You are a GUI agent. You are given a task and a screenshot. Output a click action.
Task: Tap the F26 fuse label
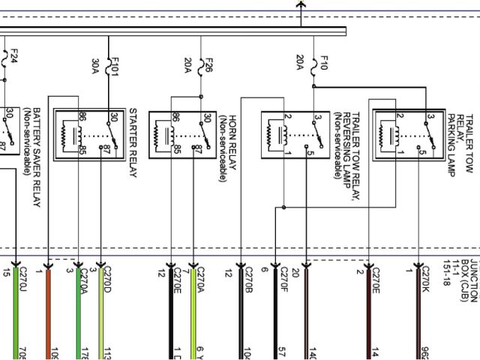[209, 64]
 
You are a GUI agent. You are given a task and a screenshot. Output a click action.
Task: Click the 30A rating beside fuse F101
[96, 65]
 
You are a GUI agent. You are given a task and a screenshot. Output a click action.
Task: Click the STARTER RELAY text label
[133, 142]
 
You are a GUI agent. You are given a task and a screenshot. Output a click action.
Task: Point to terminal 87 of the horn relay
[197, 148]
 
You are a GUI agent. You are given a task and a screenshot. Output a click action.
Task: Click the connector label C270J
[22, 280]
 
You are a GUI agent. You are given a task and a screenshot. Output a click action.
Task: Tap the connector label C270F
[284, 280]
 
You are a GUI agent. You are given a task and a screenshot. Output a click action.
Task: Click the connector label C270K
[425, 280]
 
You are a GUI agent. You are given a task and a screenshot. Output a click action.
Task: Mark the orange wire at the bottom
[49, 315]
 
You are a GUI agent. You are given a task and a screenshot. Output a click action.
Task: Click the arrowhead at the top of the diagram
[301, 5]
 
